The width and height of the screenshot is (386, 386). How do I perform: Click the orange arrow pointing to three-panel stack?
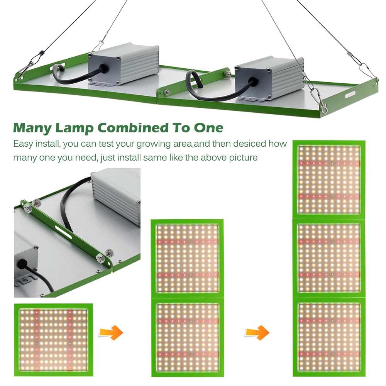[257, 332]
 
